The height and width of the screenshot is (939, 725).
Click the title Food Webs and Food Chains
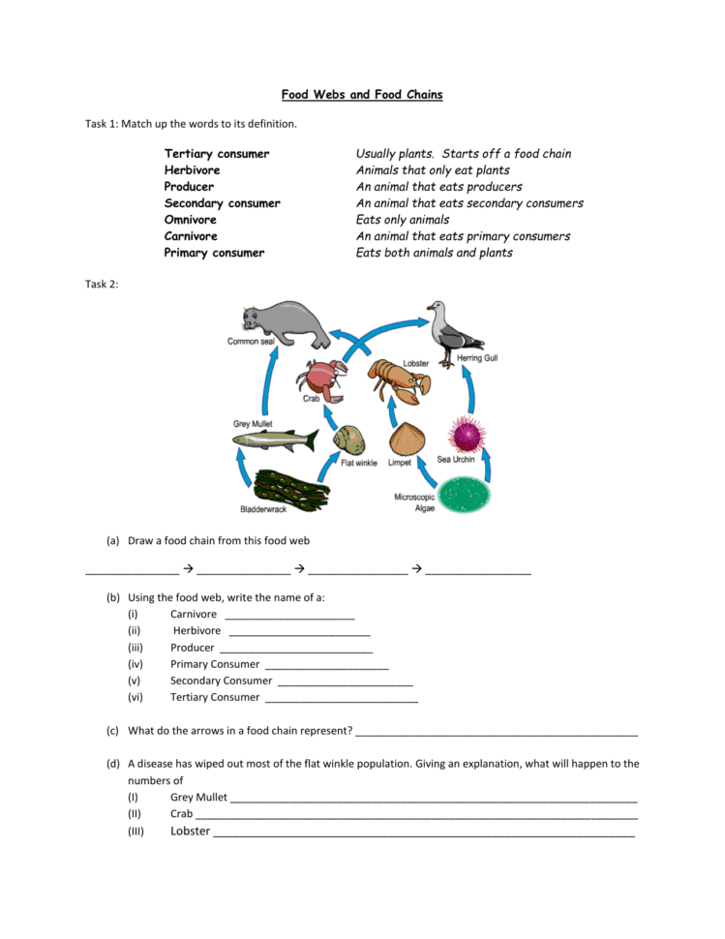click(x=362, y=95)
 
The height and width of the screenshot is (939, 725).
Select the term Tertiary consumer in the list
click(x=217, y=154)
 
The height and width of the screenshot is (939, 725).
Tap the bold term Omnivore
click(x=191, y=220)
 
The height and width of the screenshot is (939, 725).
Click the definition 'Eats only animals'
click(x=403, y=220)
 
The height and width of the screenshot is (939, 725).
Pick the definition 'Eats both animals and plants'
click(x=435, y=253)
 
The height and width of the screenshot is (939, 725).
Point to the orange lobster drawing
click(x=400, y=379)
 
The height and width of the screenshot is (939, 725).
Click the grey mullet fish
click(x=275, y=441)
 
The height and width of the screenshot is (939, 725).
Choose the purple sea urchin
click(x=467, y=435)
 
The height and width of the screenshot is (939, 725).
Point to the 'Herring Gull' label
click(x=477, y=359)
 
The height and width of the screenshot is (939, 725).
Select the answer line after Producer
click(x=295, y=648)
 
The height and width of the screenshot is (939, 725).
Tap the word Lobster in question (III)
click(x=190, y=831)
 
